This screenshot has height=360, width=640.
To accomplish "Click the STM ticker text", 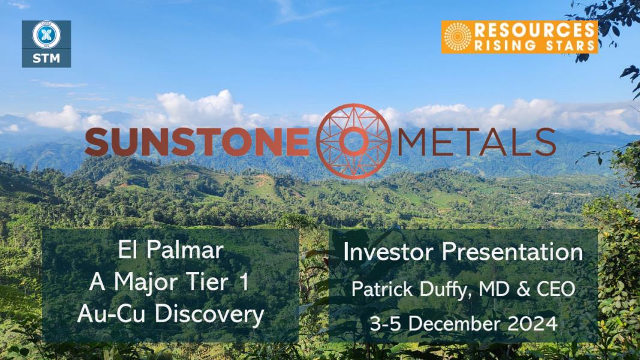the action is (x=46, y=58).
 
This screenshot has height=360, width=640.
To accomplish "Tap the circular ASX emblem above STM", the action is (x=47, y=35).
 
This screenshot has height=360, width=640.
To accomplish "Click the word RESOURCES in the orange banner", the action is (x=534, y=30).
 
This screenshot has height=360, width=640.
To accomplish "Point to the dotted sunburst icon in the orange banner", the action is (x=457, y=37).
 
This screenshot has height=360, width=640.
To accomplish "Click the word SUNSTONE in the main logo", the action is (x=197, y=142).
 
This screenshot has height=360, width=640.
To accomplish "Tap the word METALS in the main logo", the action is (x=476, y=142).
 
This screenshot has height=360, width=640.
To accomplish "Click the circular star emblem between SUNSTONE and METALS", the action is (x=353, y=141).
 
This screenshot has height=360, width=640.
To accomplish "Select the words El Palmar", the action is (x=170, y=250).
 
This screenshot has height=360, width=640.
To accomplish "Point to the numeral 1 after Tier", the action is (x=244, y=282).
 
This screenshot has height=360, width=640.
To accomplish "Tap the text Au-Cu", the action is (x=112, y=314).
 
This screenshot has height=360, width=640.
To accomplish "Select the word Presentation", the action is (x=512, y=252).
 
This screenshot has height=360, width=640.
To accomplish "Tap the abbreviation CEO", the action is (x=555, y=289).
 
